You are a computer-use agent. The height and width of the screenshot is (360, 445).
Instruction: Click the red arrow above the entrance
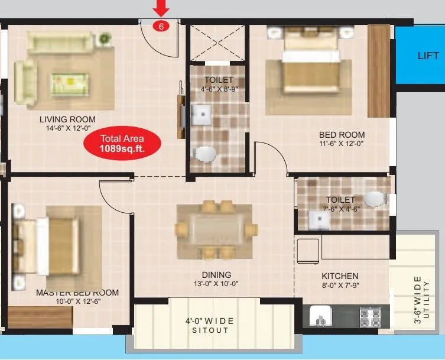161,8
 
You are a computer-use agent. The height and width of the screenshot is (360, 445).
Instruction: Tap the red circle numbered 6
160,26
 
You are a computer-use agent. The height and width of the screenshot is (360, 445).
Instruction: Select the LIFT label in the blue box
428,56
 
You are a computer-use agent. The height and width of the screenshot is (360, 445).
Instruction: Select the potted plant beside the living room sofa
105,39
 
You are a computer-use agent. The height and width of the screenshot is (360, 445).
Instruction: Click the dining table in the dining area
216,229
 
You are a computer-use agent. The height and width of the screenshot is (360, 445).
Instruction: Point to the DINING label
216,275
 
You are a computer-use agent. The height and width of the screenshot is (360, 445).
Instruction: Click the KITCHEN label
340,276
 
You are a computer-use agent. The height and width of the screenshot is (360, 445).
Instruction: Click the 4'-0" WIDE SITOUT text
210,325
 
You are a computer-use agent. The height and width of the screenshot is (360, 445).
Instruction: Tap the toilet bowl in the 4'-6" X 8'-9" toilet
205,155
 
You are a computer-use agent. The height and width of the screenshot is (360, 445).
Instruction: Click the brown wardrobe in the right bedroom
378,71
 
